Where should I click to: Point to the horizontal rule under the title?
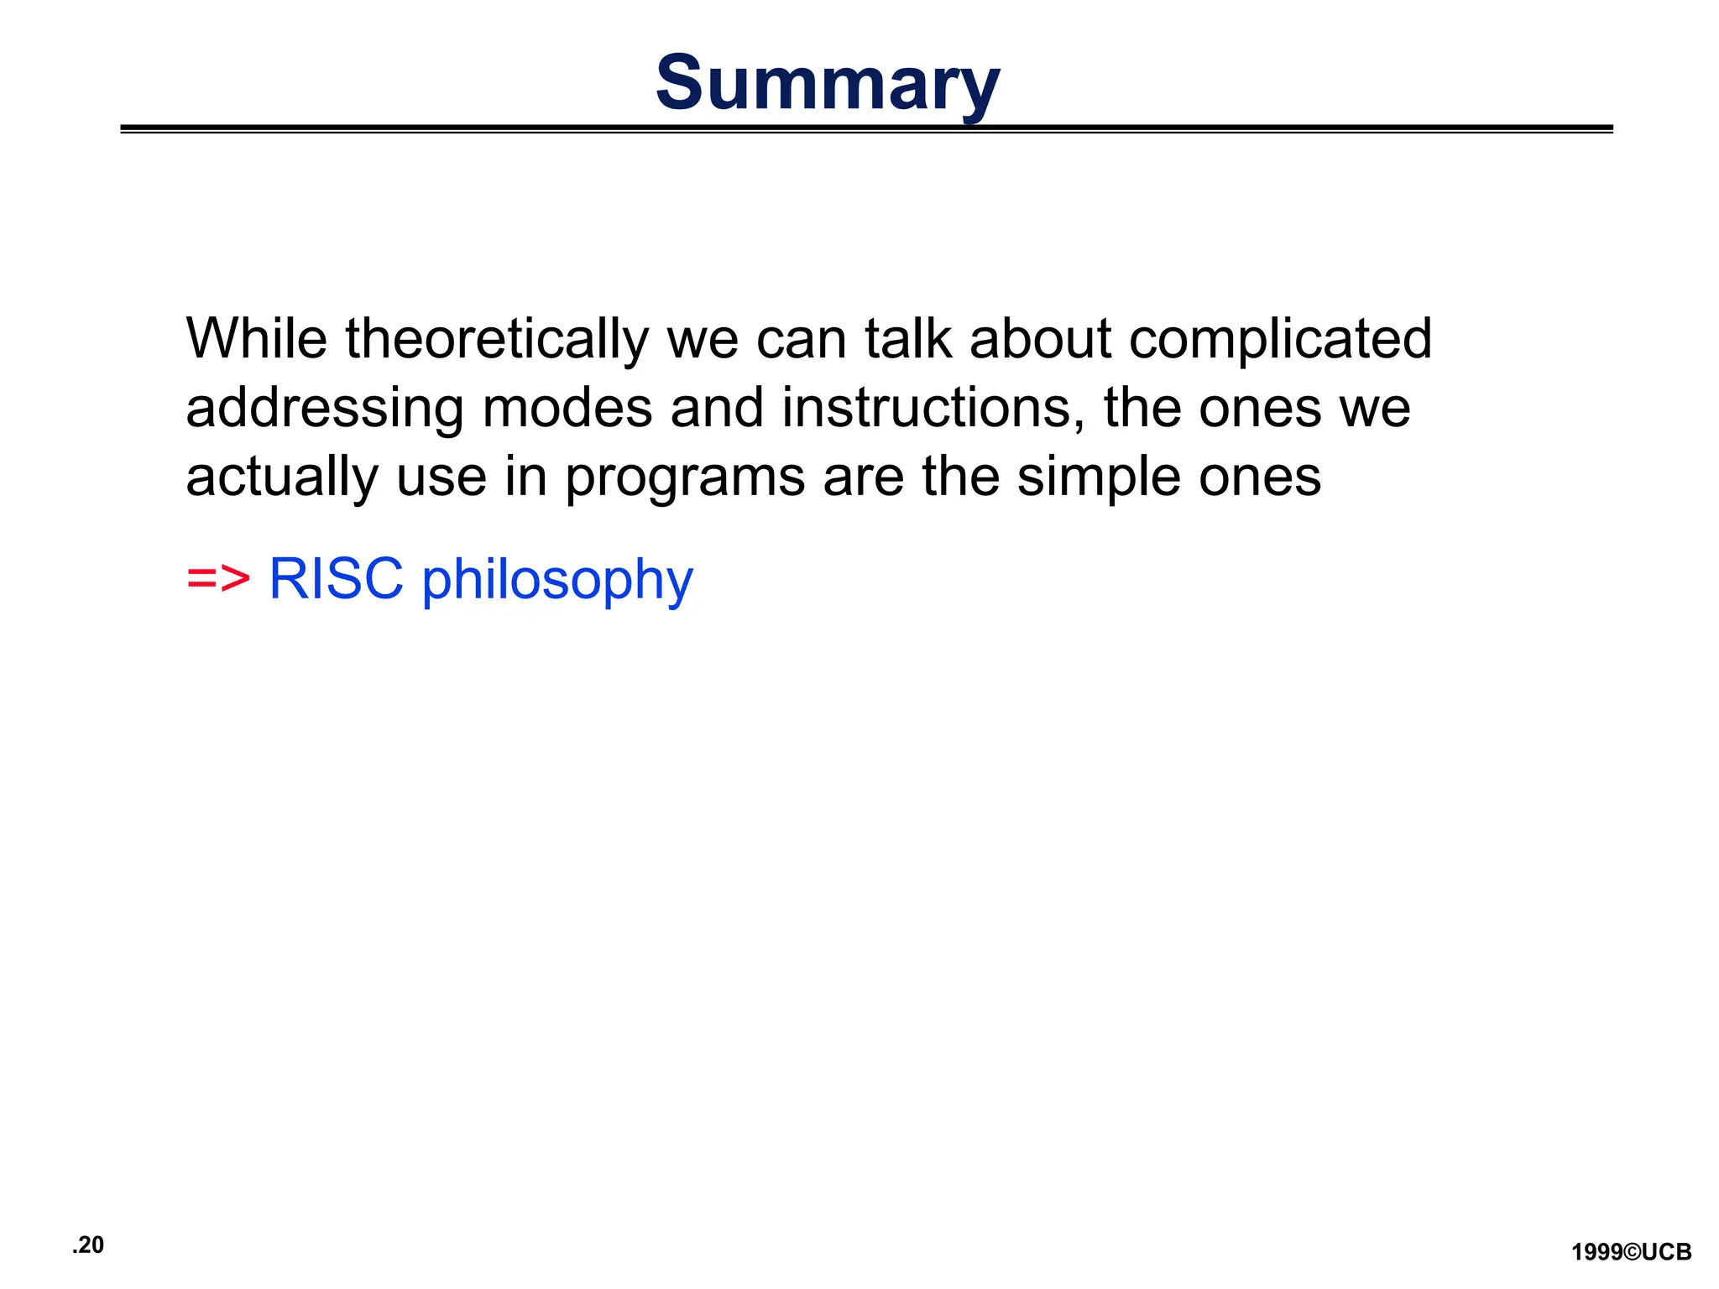[x=866, y=129]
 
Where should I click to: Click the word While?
[x=256, y=339]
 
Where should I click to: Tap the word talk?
[x=908, y=339]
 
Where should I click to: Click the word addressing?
[x=324, y=410]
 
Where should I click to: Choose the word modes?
[x=567, y=408]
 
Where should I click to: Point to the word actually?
[x=282, y=478]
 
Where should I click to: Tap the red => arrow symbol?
[x=218, y=579]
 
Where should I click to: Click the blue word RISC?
[x=336, y=579]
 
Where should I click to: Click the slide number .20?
[x=88, y=1245]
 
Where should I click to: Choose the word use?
[x=442, y=478]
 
